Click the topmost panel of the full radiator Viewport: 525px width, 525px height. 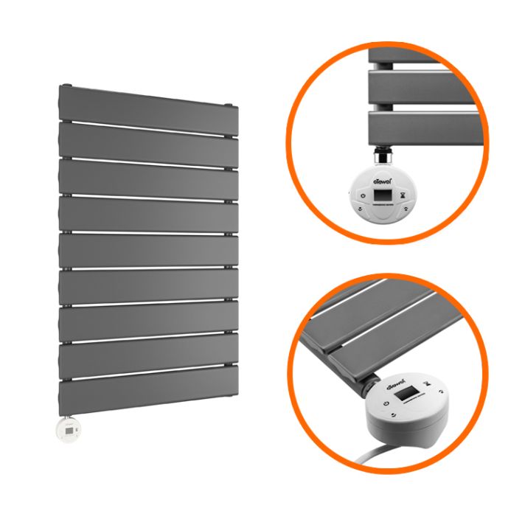pos(147,103)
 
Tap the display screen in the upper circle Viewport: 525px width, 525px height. pos(383,197)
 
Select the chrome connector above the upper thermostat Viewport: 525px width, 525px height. pos(383,155)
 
